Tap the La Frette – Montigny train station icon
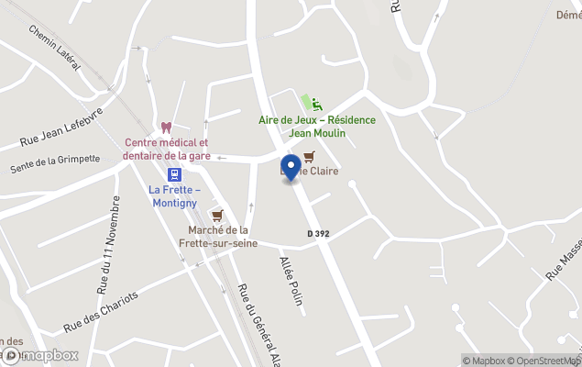coord(174,174)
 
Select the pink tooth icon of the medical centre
coord(167,128)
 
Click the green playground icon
coord(317,105)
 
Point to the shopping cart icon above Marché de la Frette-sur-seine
coord(217,216)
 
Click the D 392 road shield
coord(318,234)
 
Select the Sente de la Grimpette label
coord(54,163)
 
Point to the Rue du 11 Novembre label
coord(107,243)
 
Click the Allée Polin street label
coord(291,280)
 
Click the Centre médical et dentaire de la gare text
coord(167,150)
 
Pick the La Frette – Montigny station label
coord(174,195)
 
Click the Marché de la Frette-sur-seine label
coord(218,236)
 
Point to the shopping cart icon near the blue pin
coord(309,157)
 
